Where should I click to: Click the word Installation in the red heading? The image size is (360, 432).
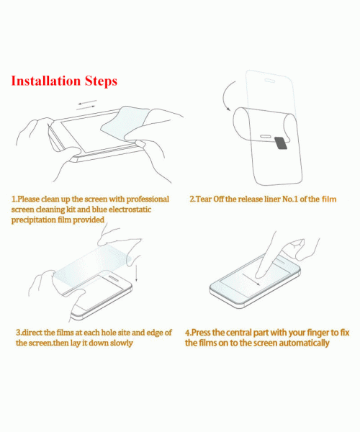pyautogui.click(x=46, y=81)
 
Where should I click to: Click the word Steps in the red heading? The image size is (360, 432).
pyautogui.click(x=101, y=81)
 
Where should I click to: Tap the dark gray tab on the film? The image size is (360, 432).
pyautogui.click(x=282, y=143)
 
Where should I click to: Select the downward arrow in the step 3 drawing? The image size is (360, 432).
pyautogui.click(x=136, y=272)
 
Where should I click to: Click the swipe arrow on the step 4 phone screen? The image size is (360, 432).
pyautogui.click(x=251, y=279)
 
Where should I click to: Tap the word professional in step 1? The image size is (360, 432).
pyautogui.click(x=148, y=199)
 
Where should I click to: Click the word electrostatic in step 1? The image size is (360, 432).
pyautogui.click(x=130, y=210)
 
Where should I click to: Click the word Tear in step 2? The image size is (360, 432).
pyautogui.click(x=204, y=199)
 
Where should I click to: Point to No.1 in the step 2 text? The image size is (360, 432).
pyautogui.click(x=290, y=199)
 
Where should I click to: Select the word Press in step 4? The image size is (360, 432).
pyautogui.click(x=201, y=333)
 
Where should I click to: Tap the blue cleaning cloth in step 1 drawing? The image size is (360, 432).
pyautogui.click(x=124, y=123)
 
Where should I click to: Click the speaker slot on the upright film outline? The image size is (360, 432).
pyautogui.click(x=269, y=81)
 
